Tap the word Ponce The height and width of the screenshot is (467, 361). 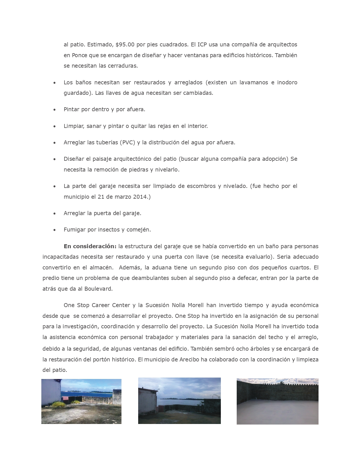coord(80,55)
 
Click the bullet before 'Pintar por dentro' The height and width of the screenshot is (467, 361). coord(54,110)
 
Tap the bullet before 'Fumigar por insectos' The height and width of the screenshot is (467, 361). coord(54,230)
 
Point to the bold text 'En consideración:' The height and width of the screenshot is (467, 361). coord(90,246)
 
